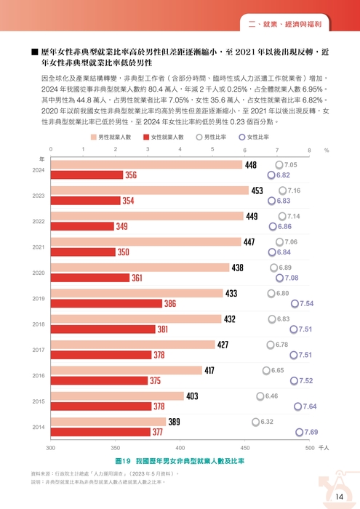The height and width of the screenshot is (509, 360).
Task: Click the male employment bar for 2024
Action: (145, 165)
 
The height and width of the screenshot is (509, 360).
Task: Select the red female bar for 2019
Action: (105, 303)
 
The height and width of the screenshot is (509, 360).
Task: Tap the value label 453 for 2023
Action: (257, 191)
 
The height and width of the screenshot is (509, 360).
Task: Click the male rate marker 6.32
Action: (255, 422)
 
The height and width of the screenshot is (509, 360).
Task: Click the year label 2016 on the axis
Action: (39, 375)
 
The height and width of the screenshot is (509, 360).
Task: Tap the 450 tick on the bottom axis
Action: (245, 448)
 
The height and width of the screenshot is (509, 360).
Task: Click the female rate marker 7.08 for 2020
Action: (274, 278)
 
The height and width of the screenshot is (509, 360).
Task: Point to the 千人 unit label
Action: (324, 448)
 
